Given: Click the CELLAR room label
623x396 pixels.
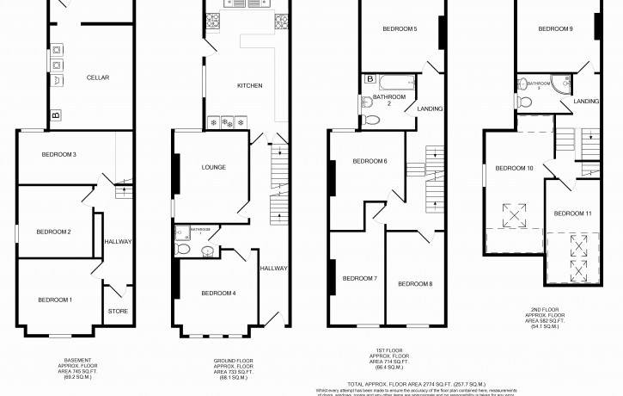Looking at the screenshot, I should (x=97, y=77).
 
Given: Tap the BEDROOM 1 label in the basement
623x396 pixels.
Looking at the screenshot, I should (x=55, y=300).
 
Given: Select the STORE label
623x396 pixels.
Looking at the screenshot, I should (x=117, y=311).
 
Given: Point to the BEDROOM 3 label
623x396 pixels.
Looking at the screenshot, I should (x=59, y=155).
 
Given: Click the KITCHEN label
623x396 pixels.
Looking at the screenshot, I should (x=250, y=86).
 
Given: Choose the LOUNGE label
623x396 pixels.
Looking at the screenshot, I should (x=213, y=167).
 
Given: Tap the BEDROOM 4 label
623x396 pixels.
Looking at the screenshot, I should (x=218, y=294).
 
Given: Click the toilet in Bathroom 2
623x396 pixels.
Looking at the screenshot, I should (x=370, y=121).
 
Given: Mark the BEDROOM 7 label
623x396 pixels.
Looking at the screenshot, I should (x=360, y=278).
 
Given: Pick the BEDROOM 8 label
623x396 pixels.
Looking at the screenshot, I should (x=415, y=283).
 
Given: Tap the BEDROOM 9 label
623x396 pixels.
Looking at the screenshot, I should (x=555, y=29).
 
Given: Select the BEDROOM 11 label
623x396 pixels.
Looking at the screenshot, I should (x=572, y=213).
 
